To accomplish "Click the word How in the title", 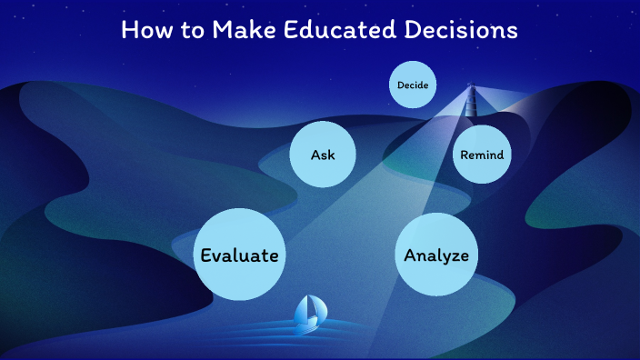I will (144, 30).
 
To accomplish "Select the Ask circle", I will (323, 155).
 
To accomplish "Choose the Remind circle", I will (481, 155).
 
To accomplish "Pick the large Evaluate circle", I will (239, 255).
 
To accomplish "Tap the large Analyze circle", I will (436, 255).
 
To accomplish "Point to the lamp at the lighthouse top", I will (471, 89).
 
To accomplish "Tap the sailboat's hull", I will (307, 324).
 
